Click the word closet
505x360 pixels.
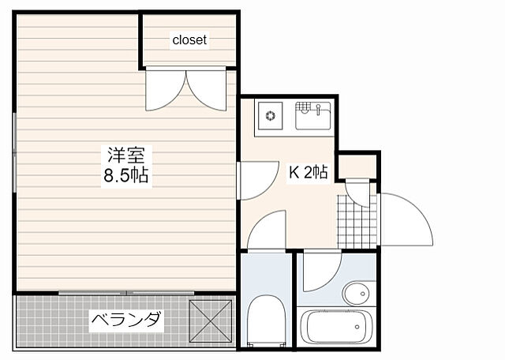[190, 39]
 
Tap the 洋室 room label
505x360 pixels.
[125, 155]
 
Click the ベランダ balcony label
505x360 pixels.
[126, 321]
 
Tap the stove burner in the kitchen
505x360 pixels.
[271, 116]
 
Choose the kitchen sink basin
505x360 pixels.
[313, 119]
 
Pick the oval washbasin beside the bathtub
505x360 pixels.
[357, 294]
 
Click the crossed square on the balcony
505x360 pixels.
[210, 321]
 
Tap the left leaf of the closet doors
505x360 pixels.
[166, 88]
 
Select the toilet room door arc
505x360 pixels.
[267, 231]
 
